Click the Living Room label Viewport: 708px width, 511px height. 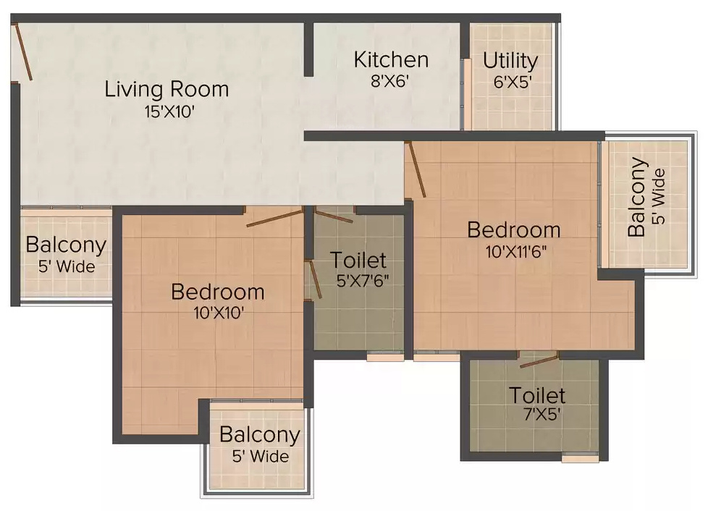coord(167,89)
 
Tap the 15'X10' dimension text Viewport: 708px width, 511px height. coord(169,112)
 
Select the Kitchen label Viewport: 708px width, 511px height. coord(391,59)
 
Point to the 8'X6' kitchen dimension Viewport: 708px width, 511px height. coord(389,81)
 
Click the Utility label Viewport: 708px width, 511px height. coord(510,62)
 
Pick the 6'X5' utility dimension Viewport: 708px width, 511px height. coord(512,83)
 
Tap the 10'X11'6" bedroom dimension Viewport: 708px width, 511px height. coord(516,251)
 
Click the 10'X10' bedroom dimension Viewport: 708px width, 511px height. coord(219,313)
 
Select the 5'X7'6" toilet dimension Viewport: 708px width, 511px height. coord(363,281)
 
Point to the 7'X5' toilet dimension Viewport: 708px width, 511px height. coord(541,414)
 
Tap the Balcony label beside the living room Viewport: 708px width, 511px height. coord(66,245)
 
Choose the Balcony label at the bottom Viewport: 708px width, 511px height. coord(260,435)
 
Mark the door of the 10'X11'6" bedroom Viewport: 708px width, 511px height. coord(416,169)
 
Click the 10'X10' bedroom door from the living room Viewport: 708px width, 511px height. coord(274,218)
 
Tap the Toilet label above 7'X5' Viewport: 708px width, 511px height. coord(537,395)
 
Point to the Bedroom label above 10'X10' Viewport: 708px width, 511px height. coord(218,292)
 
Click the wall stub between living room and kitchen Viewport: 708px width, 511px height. coord(308,49)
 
